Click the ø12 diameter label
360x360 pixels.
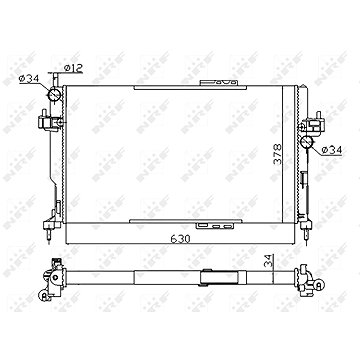(x=73, y=68)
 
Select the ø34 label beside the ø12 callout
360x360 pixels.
(x=29, y=79)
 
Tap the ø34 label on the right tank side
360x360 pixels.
(x=332, y=150)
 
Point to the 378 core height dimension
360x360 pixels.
(x=277, y=154)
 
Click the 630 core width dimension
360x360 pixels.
(x=180, y=239)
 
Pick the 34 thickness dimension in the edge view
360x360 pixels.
(x=269, y=261)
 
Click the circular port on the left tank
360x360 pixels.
(x=55, y=94)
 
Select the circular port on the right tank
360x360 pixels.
(x=306, y=142)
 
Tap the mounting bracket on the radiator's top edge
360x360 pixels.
(x=219, y=83)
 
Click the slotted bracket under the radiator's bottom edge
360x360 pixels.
(x=215, y=226)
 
